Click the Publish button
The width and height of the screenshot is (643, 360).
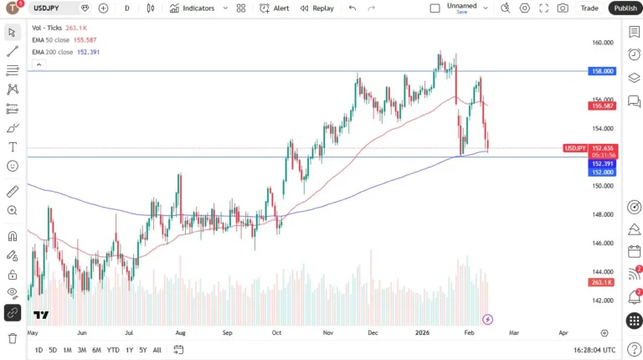pos(625,8)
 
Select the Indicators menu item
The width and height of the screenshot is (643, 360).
pos(192,8)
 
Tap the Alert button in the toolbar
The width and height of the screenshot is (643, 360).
pos(275,8)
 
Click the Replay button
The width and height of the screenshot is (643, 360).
pos(316,8)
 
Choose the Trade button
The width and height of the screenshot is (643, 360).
pos(589,8)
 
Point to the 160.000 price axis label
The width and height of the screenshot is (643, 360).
pos(603,42)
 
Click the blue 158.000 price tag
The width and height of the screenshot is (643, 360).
pos(603,71)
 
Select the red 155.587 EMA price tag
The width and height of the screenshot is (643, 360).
pos(603,105)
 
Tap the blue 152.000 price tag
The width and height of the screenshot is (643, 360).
pos(603,172)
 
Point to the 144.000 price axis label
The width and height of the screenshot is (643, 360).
pos(603,272)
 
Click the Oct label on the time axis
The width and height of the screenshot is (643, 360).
pos(277,332)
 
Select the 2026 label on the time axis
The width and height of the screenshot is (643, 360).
pos(422,332)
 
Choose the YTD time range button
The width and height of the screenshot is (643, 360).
pos(113,350)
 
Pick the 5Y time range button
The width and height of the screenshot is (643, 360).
pos(143,350)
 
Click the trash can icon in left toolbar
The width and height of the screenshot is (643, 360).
pos(13,338)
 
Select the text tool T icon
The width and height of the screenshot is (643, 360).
pos(13,147)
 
